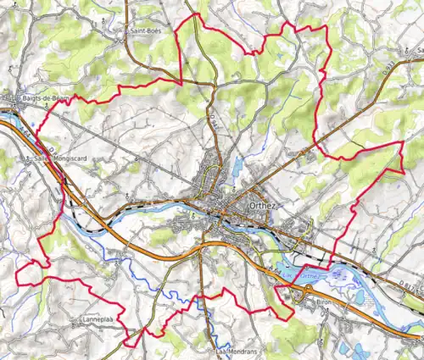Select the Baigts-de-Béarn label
(x=40, y=97)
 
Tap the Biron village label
(x=321, y=299)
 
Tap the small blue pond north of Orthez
(x=237, y=165)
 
